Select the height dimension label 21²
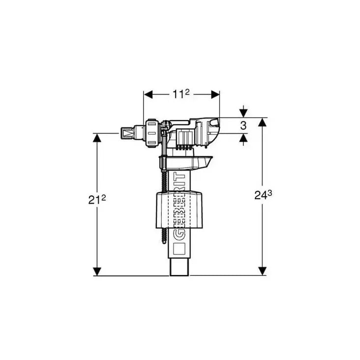pos(97,199)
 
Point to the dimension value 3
pos(243,125)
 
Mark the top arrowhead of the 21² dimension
pos(97,138)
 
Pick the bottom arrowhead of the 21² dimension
pos(97,271)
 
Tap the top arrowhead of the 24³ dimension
pos(263,122)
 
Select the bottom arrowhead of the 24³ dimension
pos(263,271)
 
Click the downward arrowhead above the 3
pos(243,113)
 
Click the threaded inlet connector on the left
pos(128,133)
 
